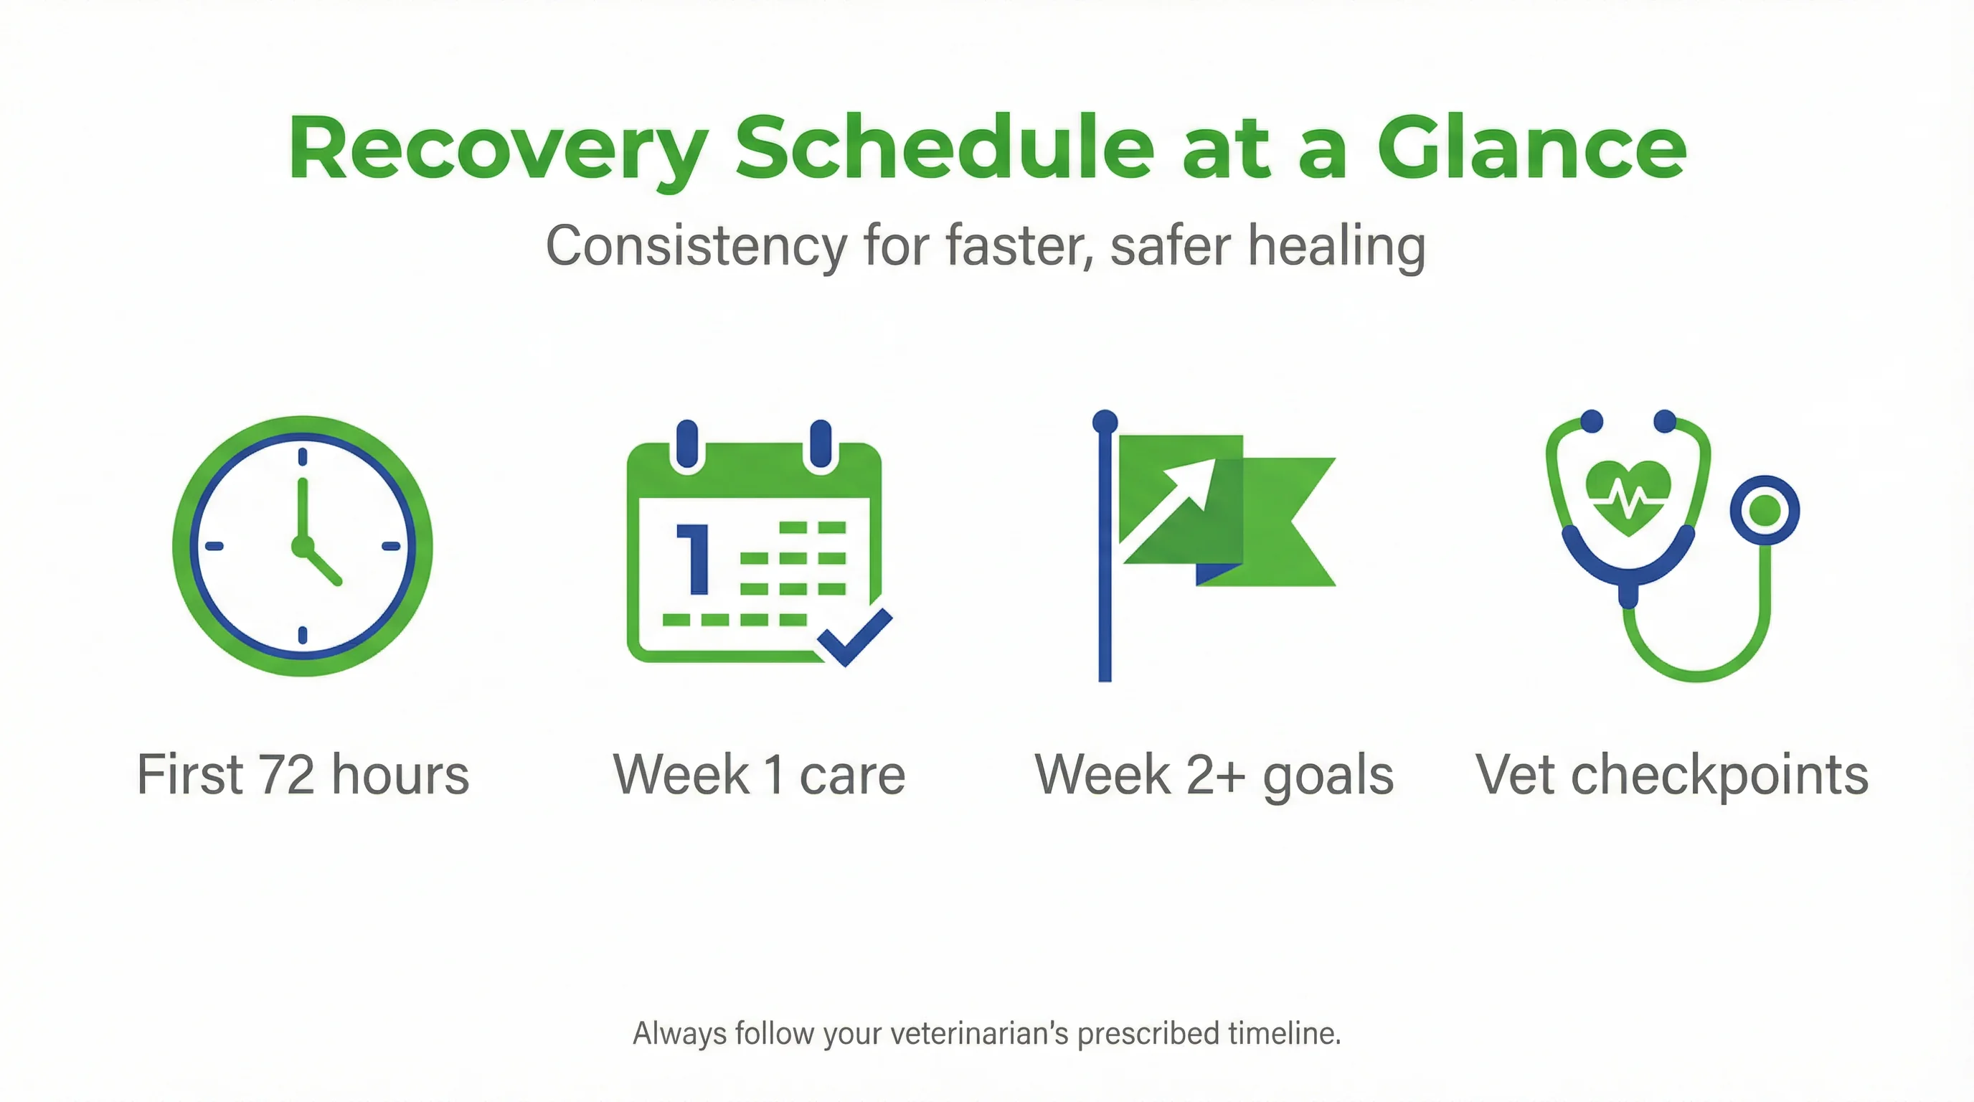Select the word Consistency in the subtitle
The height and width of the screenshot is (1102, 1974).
pos(696,246)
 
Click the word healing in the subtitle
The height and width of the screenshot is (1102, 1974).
pos(1336,246)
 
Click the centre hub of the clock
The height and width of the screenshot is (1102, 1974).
pos(303,546)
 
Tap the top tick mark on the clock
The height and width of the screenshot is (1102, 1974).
pos(303,458)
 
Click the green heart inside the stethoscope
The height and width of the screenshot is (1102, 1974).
pos(1628,497)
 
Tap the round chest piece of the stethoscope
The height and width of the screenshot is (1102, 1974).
pos(1765,510)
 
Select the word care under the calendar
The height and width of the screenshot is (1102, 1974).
pos(852,775)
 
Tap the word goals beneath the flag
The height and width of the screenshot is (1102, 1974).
pos(1328,775)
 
